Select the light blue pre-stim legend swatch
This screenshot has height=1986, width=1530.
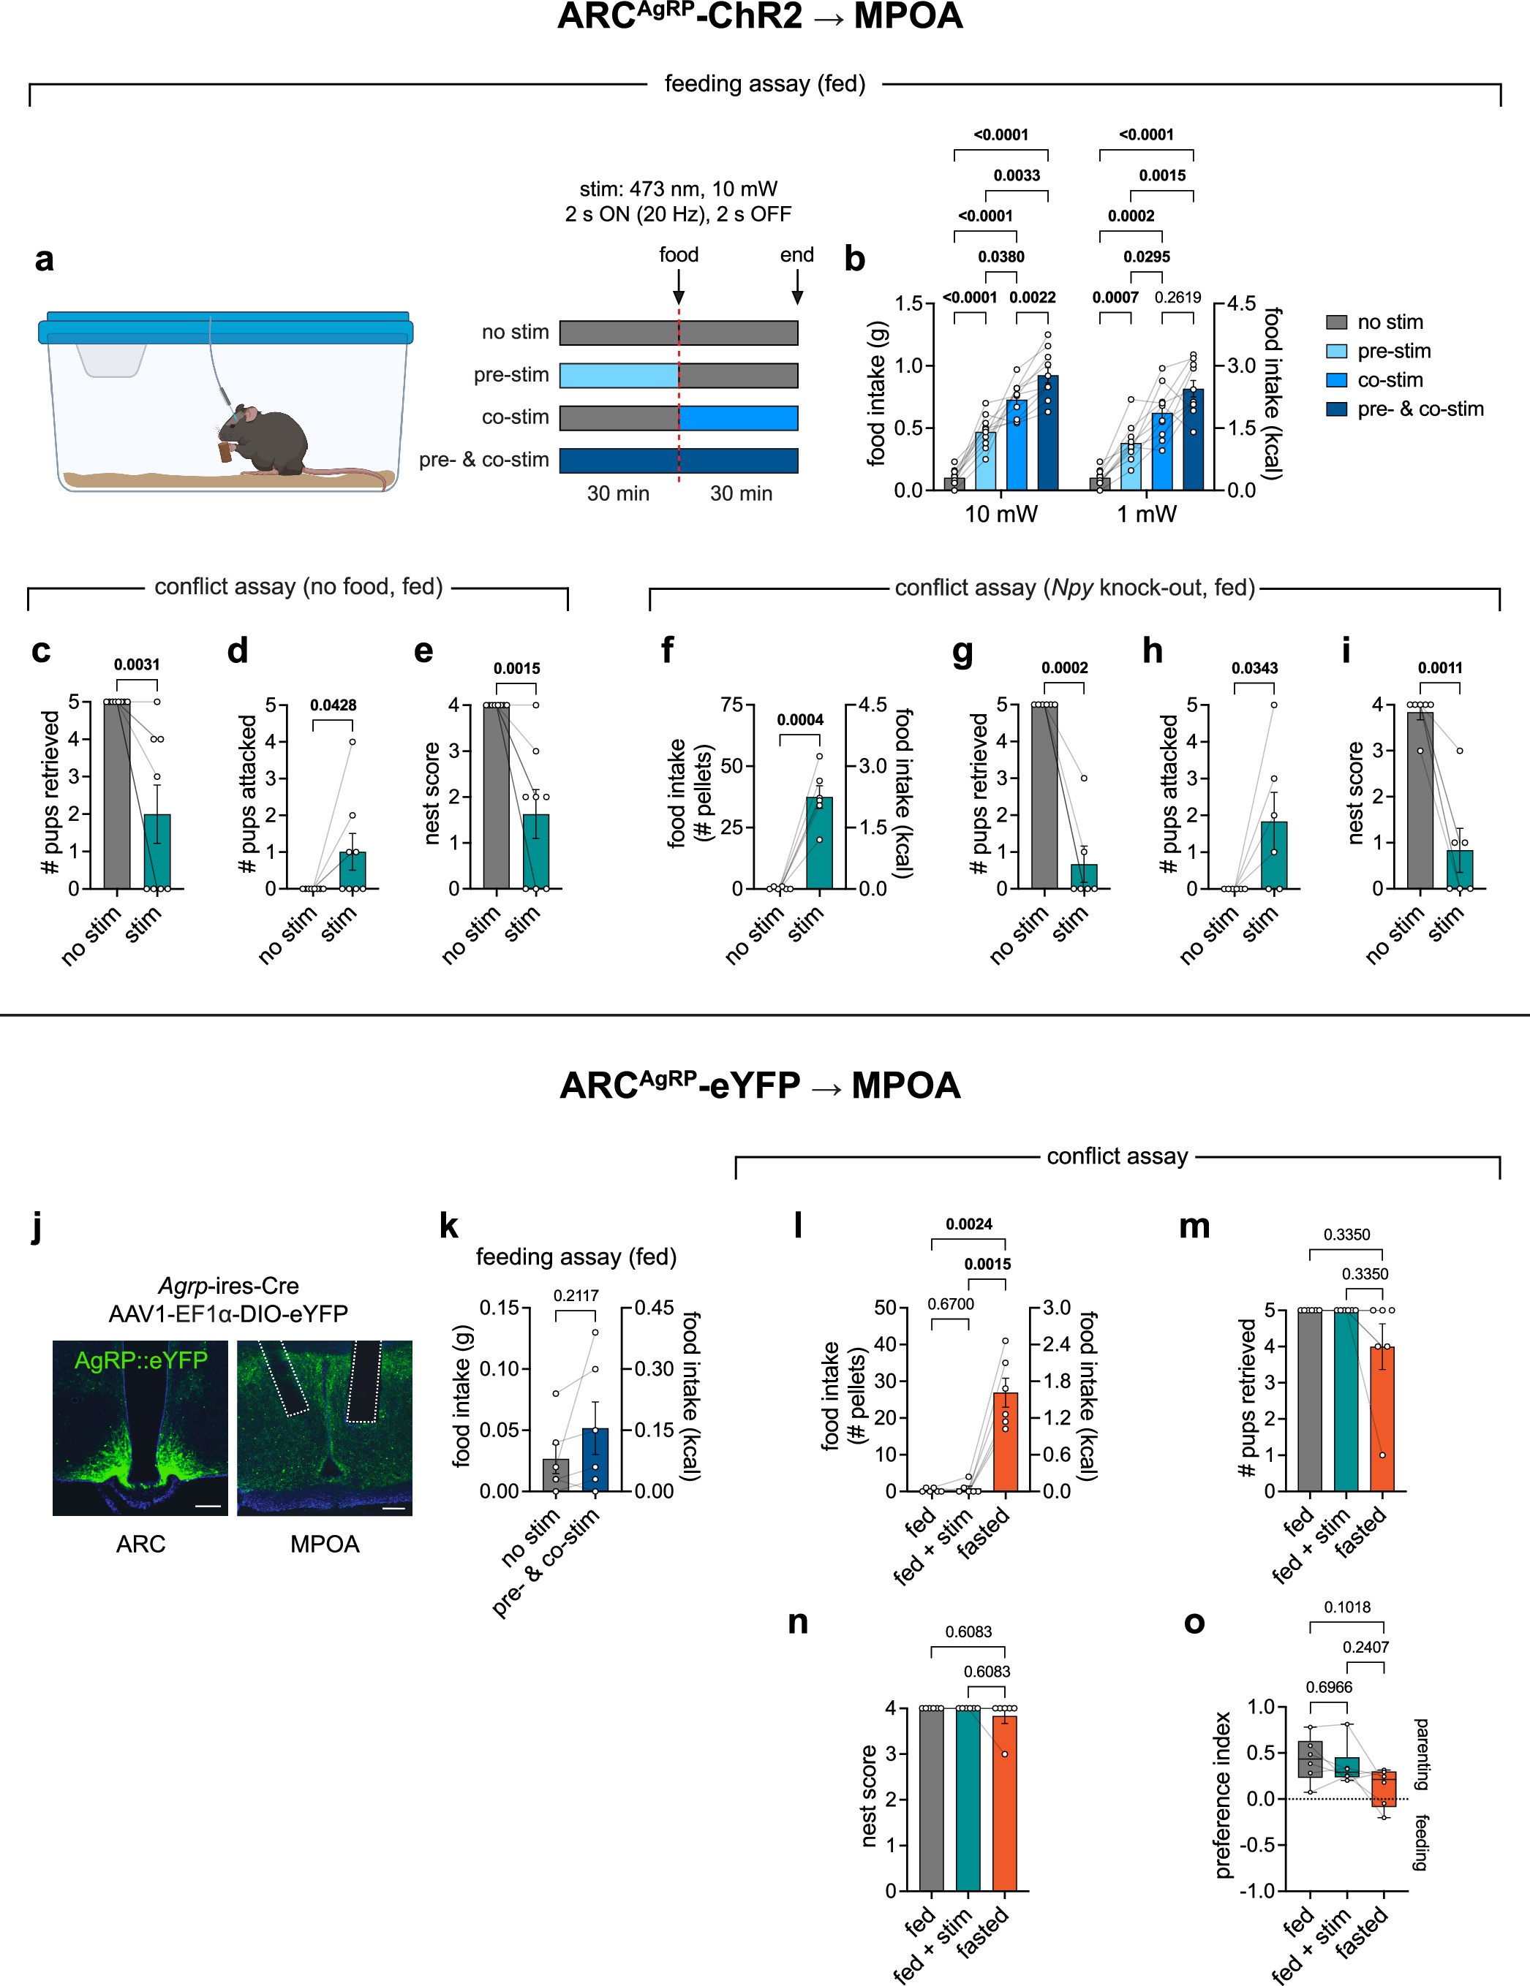pyautogui.click(x=1336, y=351)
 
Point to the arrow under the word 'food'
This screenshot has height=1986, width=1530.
pyautogui.click(x=679, y=290)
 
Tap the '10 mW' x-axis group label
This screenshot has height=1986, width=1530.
pyautogui.click(x=1000, y=515)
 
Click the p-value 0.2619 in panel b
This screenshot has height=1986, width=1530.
pyautogui.click(x=1177, y=297)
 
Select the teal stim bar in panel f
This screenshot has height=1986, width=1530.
pyautogui.click(x=818, y=842)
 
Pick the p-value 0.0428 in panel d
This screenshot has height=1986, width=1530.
pyautogui.click(x=333, y=705)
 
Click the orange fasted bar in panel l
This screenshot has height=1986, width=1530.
pyautogui.click(x=1005, y=1442)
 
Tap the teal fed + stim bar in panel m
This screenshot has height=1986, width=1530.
pyautogui.click(x=1346, y=1401)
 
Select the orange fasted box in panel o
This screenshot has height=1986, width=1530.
pyautogui.click(x=1384, y=1788)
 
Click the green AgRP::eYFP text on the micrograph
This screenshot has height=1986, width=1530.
pyautogui.click(x=141, y=1360)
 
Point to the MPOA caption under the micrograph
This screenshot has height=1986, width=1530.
pyautogui.click(x=325, y=1544)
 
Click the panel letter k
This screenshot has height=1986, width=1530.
pyautogui.click(x=448, y=1227)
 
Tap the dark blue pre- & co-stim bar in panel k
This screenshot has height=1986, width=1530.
pyautogui.click(x=595, y=1460)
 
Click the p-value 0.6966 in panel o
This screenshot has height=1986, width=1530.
pyautogui.click(x=1329, y=1687)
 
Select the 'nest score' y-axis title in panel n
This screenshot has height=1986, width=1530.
pyautogui.click(x=870, y=1796)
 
